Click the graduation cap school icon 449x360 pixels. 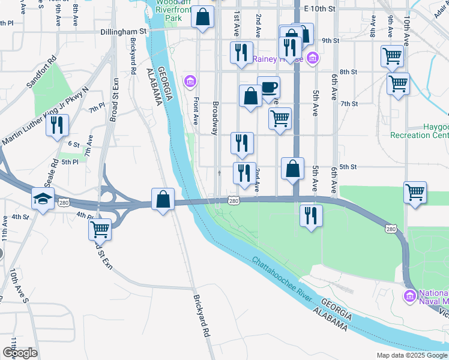[43, 199]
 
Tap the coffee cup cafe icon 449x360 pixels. [268, 87]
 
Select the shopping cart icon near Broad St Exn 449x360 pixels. [100, 229]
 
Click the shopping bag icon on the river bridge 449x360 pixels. [163, 199]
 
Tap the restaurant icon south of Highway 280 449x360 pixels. [311, 215]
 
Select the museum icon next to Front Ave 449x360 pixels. [190, 81]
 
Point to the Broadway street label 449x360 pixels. [215, 118]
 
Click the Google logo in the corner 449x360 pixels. [20, 353]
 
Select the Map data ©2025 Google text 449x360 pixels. [412, 355]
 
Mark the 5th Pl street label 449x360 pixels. [71, 162]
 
